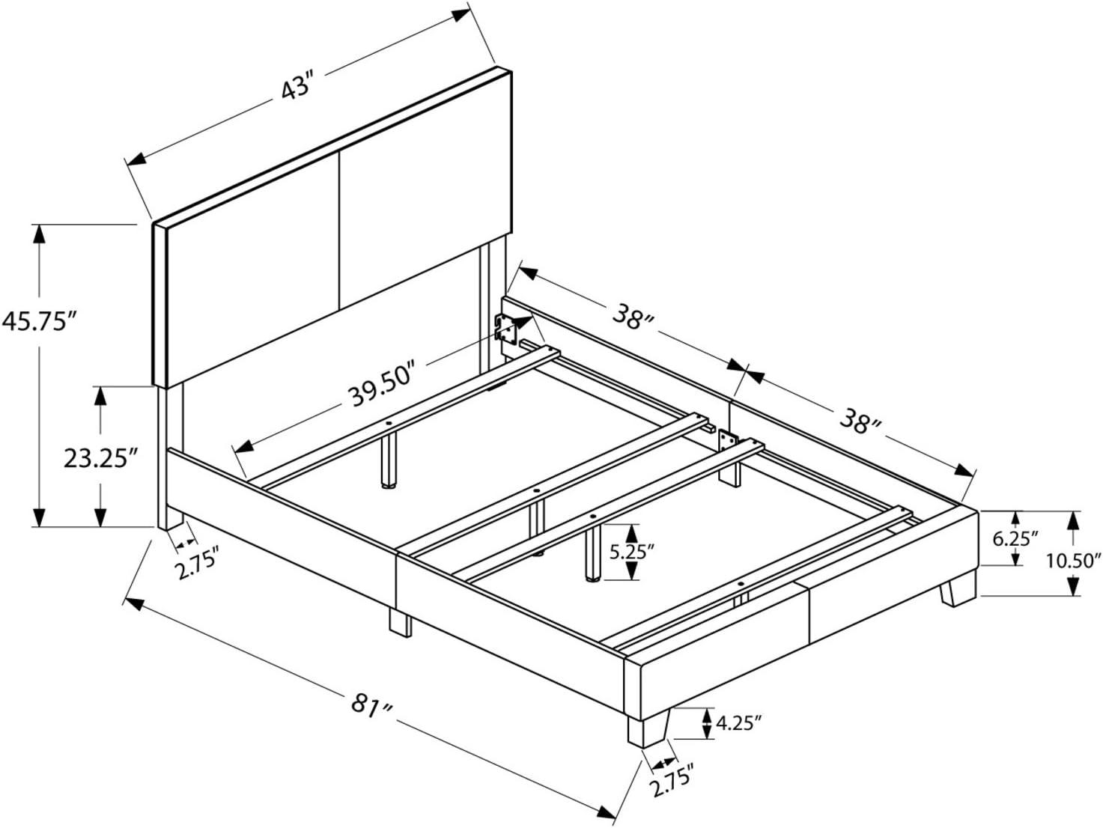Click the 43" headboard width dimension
(x=296, y=88)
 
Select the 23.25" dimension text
(x=101, y=458)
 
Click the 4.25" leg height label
(x=739, y=723)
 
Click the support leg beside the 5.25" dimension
(x=592, y=555)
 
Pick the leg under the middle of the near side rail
(x=399, y=621)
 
